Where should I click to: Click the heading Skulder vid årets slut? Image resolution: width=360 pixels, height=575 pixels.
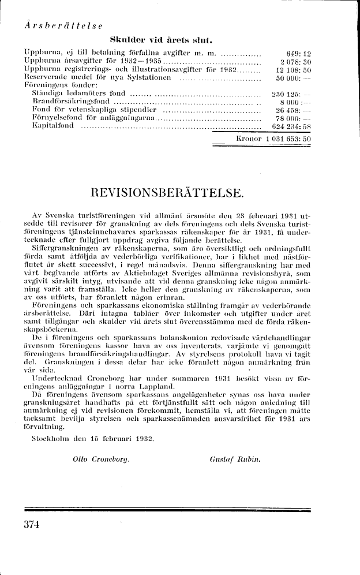[158, 40]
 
